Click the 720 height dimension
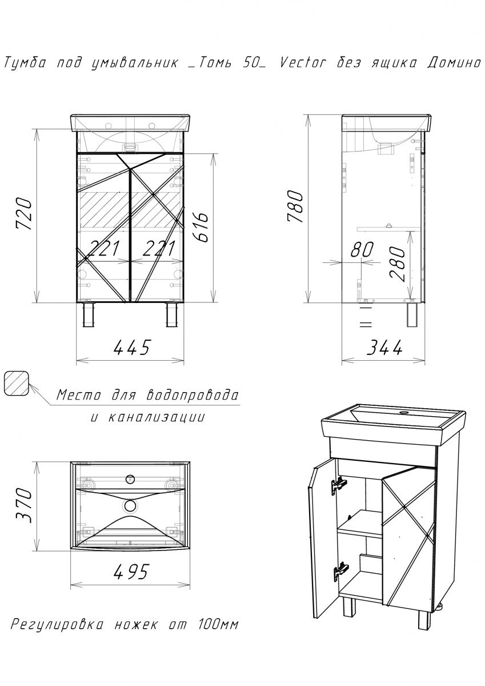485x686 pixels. [24, 214]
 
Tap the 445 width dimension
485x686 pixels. [131, 348]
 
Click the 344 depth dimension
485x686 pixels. [384, 348]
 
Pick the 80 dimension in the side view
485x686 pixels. [362, 249]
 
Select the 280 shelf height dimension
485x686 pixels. [398, 264]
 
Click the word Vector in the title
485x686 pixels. [303, 63]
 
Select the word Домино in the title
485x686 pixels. [454, 63]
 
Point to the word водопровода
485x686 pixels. [193, 395]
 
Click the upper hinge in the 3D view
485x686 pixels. [339, 484]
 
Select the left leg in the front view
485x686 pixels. [88, 315]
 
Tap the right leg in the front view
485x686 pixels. [171, 315]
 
